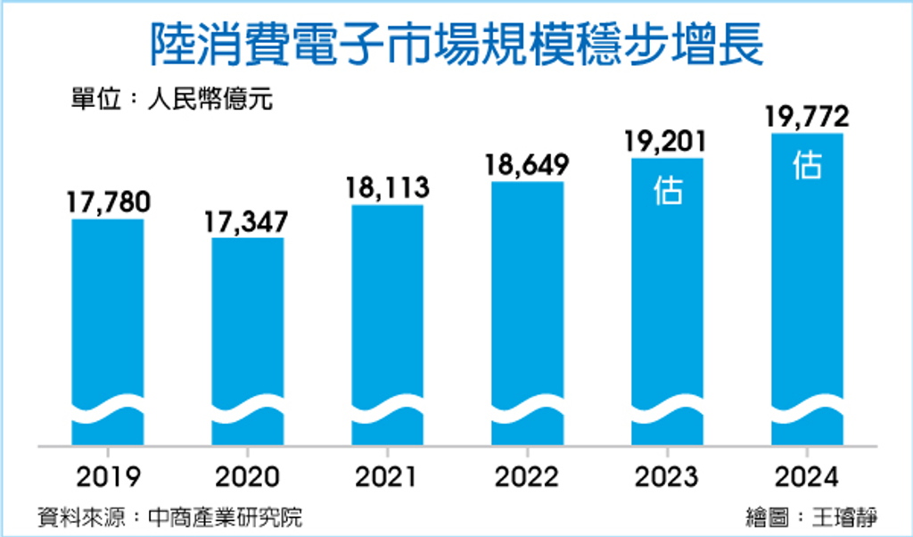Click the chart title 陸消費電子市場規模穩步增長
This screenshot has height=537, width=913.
457,45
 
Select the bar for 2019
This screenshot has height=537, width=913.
108,332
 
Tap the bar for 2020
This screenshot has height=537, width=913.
248,342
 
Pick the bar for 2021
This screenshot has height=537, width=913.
388,325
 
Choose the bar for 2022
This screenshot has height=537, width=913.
528,313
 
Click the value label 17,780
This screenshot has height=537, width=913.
108,202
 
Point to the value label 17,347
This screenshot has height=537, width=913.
246,222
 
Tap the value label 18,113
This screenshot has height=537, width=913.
387,187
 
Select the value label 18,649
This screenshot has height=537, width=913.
527,165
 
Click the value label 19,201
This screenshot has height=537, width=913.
666,142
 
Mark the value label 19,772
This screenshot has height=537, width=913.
807,117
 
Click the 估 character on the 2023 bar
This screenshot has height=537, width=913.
668,190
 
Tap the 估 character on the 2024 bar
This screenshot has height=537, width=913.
808,165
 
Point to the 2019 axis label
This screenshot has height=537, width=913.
108,477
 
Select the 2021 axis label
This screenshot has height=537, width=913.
387,477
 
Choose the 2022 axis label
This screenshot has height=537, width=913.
527,477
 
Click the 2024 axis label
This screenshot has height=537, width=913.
807,477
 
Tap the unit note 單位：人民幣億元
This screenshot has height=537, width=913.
172,99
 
